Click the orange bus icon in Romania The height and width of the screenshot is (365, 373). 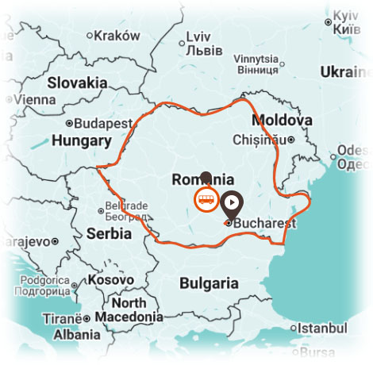(x=205, y=198)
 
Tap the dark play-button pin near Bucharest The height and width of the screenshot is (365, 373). (x=231, y=202)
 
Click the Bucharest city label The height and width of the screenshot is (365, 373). (x=264, y=223)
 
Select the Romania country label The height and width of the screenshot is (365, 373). (x=202, y=179)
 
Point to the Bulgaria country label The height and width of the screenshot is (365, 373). (x=209, y=283)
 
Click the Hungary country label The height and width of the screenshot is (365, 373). (x=80, y=140)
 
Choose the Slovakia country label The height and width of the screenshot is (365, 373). (x=77, y=83)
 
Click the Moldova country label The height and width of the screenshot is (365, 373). (x=281, y=120)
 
